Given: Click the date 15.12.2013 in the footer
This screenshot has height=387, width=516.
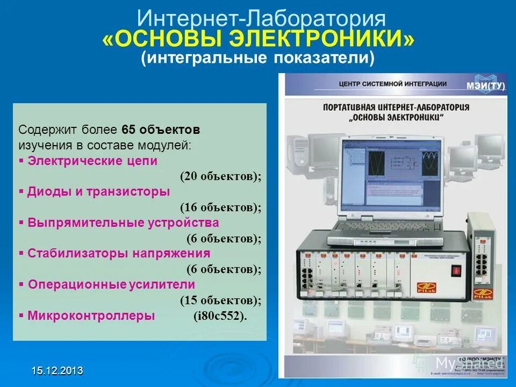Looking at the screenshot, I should pyautogui.click(x=57, y=370).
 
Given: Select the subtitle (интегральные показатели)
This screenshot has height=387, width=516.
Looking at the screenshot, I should pyautogui.click(x=257, y=59).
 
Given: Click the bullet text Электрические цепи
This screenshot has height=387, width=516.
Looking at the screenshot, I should pyautogui.click(x=92, y=161).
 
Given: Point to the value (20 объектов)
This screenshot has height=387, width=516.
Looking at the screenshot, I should pyautogui.click(x=220, y=176).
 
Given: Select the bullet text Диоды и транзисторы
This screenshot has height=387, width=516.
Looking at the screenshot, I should pyautogui.click(x=98, y=191).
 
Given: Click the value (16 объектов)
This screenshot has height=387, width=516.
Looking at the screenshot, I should pyautogui.click(x=220, y=207).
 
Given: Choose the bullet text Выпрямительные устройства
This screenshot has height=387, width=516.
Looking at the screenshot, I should pyautogui.click(x=123, y=223).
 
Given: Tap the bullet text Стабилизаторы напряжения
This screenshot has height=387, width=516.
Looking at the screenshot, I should pyautogui.click(x=119, y=253).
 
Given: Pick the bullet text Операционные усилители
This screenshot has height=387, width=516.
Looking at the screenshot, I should pyautogui.click(x=111, y=284).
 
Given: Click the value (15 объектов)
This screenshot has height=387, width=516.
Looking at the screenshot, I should pyautogui.click(x=220, y=300).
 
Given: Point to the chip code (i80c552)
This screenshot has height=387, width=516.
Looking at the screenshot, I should pyautogui.click(x=220, y=316).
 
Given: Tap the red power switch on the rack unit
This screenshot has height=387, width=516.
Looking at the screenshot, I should pyautogui.click(x=456, y=270).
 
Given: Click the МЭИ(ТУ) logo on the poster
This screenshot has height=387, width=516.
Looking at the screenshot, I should pyautogui.click(x=484, y=83).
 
